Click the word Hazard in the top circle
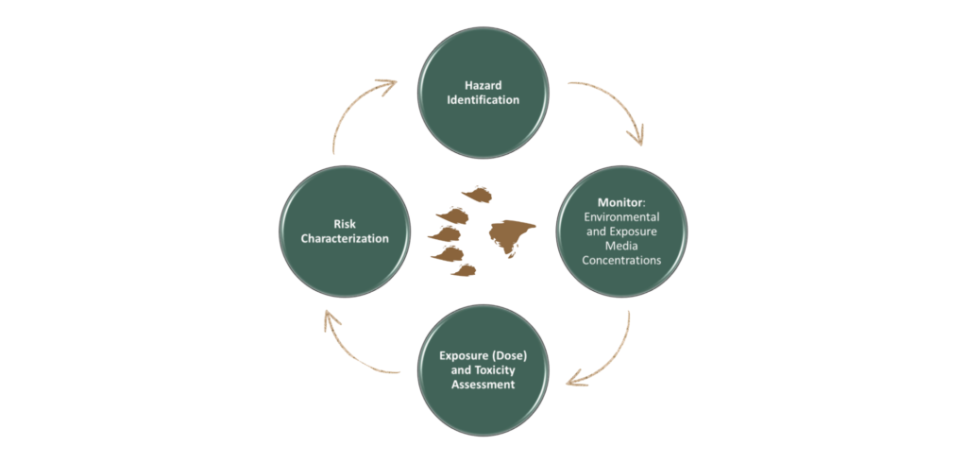(483, 85)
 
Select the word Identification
(483, 99)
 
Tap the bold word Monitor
(620, 202)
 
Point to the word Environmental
(622, 216)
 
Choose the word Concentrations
(622, 260)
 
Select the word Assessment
(483, 385)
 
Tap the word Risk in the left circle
(345, 224)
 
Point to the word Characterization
(345, 238)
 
